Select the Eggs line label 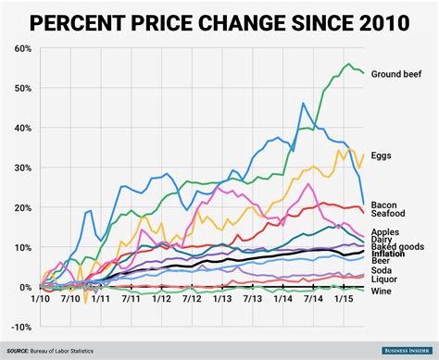pos(382,156)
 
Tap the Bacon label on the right pos(384,204)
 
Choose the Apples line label pos(386,232)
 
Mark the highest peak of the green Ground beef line pos(348,64)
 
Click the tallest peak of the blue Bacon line pos(303,104)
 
